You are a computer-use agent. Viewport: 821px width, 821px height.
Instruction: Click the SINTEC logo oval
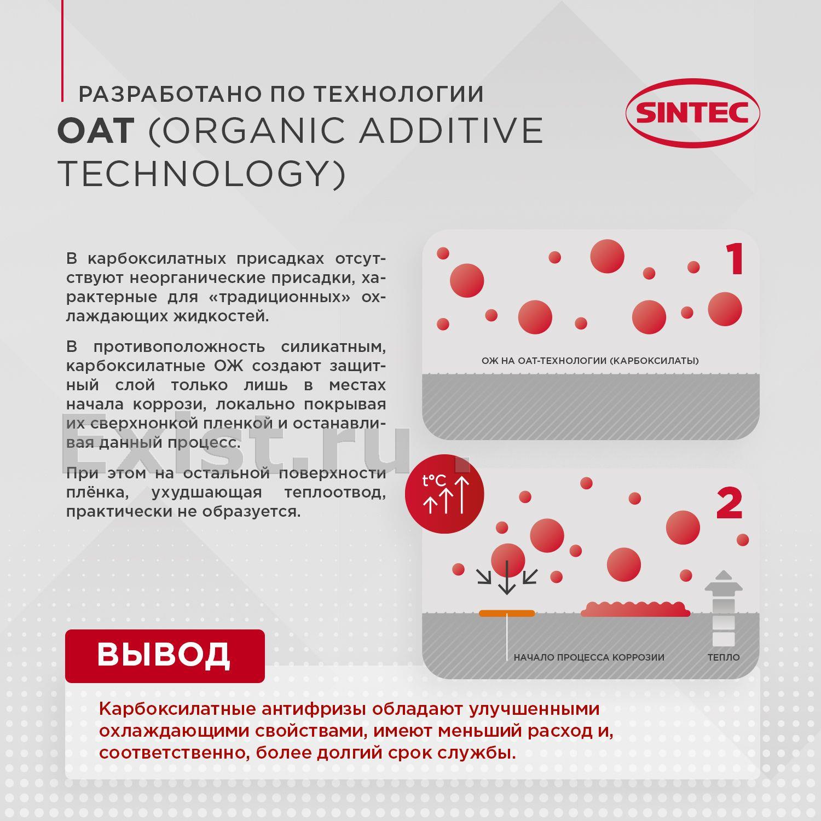point(693,113)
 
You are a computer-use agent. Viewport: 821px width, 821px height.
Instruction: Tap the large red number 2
point(729,504)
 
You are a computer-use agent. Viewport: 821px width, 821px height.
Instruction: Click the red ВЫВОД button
point(165,656)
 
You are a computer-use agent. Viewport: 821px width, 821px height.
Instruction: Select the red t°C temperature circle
point(444,494)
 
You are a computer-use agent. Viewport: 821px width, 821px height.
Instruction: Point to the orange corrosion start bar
point(507,613)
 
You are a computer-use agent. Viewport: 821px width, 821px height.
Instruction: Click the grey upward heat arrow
point(724,608)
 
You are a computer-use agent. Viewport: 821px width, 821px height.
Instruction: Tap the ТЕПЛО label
point(724,657)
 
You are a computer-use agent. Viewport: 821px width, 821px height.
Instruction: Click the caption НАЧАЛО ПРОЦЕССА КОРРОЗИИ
point(589,657)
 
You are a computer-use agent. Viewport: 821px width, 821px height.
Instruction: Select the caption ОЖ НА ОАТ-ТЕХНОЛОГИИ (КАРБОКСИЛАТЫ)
point(590,361)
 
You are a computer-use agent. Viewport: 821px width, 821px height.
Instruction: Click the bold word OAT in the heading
point(96,130)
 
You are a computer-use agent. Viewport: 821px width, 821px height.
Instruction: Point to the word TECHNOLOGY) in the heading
point(202,174)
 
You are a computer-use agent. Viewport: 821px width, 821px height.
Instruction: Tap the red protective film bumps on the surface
point(635,609)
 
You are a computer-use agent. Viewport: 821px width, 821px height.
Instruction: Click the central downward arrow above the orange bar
point(507,577)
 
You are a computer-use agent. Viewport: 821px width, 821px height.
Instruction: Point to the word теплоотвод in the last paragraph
point(335,493)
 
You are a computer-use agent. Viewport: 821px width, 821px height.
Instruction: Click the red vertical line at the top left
point(62,50)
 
